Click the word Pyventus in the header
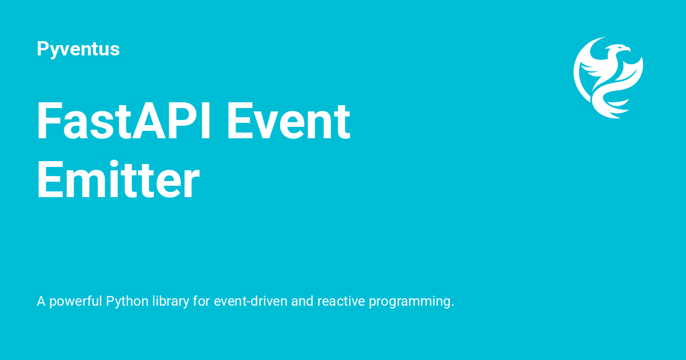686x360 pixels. click(78, 49)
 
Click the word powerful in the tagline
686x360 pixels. click(76, 301)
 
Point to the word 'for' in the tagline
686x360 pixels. click(201, 301)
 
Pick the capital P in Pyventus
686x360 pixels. click(42, 49)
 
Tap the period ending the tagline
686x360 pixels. click(452, 305)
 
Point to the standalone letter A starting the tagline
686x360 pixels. click(41, 301)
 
